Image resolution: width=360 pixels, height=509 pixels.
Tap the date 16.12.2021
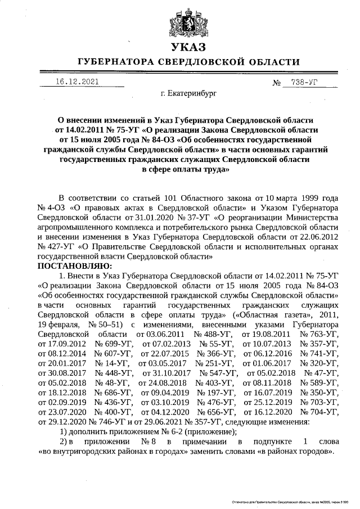click(77, 82)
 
